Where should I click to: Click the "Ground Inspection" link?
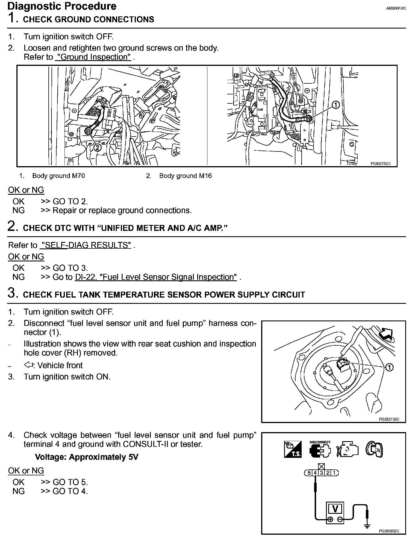pyautogui.click(x=93, y=57)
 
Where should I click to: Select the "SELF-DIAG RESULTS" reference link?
pyautogui.click(x=85, y=245)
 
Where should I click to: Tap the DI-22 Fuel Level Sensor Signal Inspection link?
pyautogui.click(x=156, y=277)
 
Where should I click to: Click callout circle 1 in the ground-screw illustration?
pyautogui.click(x=335, y=105)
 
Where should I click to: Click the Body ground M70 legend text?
pyautogui.click(x=58, y=176)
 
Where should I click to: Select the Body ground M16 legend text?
pyautogui.click(x=185, y=176)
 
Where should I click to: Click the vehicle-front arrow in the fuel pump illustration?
pyautogui.click(x=387, y=334)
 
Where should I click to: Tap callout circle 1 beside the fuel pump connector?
pyautogui.click(x=389, y=367)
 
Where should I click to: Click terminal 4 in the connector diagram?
pyautogui.click(x=315, y=473)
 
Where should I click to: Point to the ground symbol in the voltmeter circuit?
pyautogui.click(x=367, y=525)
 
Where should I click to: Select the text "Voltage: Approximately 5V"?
pyautogui.click(x=86, y=457)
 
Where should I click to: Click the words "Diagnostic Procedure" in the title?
pyautogui.click(x=62, y=6)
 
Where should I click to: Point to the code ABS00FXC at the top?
pyautogui.click(x=396, y=8)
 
